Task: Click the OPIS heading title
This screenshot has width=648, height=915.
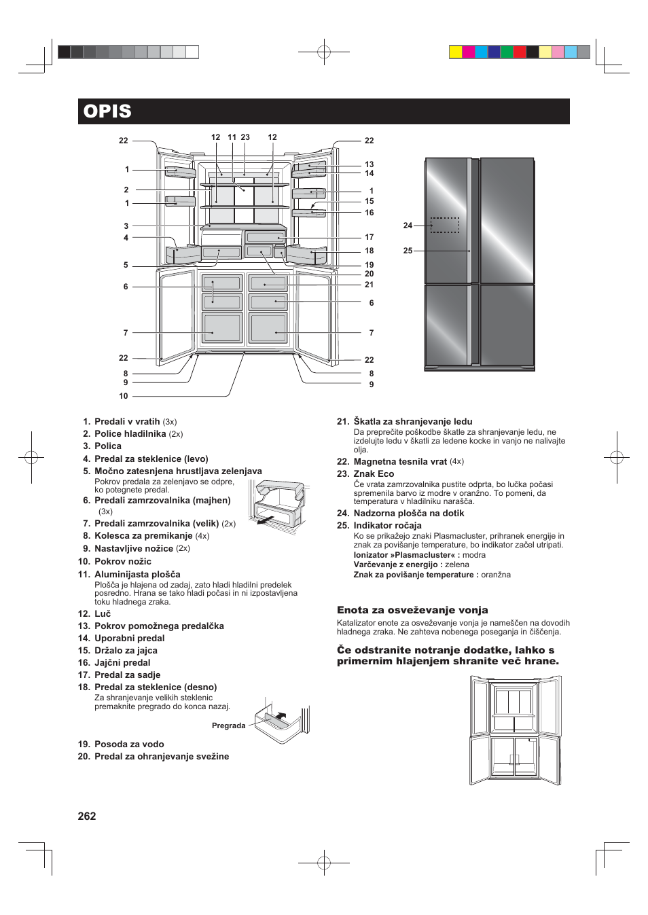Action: coord(107,111)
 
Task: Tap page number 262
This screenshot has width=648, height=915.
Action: coord(87,816)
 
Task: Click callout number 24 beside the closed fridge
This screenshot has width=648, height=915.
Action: coord(408,226)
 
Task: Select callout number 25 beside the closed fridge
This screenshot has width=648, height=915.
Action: coord(408,251)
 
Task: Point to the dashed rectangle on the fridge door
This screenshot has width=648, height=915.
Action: coord(445,225)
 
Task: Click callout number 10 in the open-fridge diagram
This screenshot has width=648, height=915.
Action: coord(124,396)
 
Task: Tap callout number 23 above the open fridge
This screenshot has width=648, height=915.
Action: coord(245,137)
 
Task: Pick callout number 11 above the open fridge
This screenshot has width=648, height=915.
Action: coord(232,137)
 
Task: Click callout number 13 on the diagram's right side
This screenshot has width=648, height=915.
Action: coord(369,164)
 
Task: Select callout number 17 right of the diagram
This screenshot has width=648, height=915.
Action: coord(369,237)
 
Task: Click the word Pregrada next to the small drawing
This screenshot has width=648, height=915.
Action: coord(228,725)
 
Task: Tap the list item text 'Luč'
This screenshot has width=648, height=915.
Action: coord(103,613)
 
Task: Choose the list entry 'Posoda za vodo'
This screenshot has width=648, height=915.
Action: coord(129,744)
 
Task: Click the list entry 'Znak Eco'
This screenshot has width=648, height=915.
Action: coord(374,473)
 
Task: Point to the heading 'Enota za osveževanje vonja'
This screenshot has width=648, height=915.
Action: coord(412,610)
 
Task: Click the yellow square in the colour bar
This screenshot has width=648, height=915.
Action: coord(456,52)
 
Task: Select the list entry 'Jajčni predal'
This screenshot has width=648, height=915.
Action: coord(122,662)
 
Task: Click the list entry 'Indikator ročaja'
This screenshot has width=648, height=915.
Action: coord(387,525)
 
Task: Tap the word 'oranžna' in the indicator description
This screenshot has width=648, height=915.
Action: coord(496,575)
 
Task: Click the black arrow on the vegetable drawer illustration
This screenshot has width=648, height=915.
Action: coord(266,521)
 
